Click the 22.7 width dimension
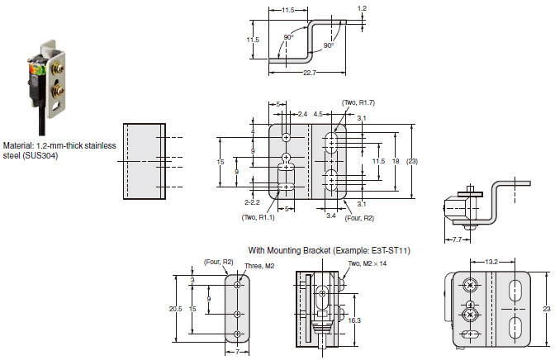310,73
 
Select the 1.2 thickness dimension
362,8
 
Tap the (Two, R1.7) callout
358,102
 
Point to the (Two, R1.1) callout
258,217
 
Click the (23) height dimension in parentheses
411,161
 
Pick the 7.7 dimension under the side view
457,239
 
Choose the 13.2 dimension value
491,262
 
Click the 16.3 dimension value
354,320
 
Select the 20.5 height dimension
175,309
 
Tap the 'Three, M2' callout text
259,266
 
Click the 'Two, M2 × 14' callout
367,263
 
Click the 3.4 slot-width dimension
331,216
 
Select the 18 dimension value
396,161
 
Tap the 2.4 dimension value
302,114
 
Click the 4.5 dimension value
318,114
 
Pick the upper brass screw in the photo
59,67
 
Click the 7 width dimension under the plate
237,353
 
